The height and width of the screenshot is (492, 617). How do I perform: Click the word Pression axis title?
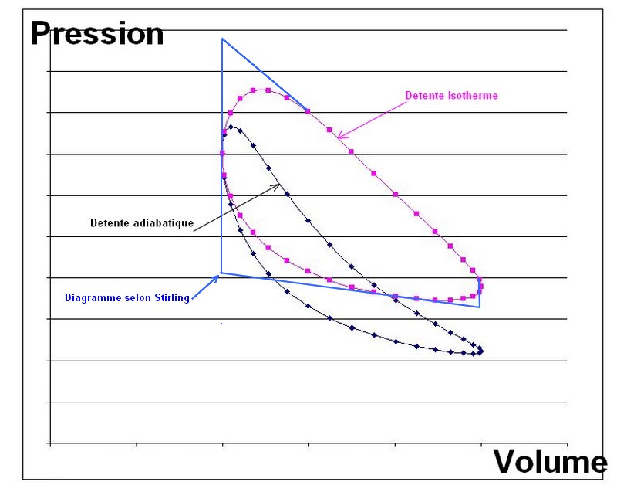point(96,33)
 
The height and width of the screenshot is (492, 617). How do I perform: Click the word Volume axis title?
point(550,461)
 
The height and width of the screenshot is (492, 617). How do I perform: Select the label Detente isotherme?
point(451,96)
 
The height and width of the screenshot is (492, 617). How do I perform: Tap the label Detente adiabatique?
point(142,222)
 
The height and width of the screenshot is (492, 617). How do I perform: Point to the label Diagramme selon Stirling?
point(127,297)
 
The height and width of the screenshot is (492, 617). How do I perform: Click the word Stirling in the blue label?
point(171,297)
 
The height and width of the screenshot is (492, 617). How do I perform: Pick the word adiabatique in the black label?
point(161,222)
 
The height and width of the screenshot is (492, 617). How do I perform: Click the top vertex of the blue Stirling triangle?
point(222,39)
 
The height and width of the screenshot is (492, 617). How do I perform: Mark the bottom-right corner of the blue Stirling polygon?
point(480,307)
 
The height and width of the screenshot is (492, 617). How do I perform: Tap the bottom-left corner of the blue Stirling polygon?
point(222,273)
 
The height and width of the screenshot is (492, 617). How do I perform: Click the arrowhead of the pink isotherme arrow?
point(340,137)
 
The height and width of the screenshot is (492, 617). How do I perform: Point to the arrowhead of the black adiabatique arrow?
point(277,185)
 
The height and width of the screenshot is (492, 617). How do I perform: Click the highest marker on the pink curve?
point(268,90)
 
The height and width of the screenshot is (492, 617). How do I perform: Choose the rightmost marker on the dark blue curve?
point(482,351)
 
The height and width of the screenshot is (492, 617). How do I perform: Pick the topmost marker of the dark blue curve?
point(231,126)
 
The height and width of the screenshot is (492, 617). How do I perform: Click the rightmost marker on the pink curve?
point(481,287)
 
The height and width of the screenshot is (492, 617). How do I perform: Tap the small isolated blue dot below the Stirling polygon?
point(221,324)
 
